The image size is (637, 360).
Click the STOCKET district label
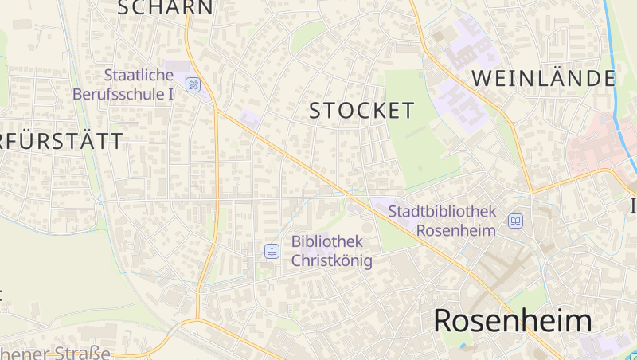point(362,111)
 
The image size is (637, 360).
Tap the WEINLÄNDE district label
point(544,78)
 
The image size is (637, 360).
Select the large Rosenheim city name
point(513,321)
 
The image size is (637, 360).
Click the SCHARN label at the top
point(166,8)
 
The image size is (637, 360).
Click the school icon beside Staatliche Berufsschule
point(193,84)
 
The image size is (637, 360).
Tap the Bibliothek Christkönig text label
point(331,250)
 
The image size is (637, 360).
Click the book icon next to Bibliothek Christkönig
point(272,252)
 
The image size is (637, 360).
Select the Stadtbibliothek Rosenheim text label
point(442,221)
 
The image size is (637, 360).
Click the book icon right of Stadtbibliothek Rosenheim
point(516,221)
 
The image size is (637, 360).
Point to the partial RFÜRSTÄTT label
point(62,142)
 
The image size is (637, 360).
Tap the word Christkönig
point(331,260)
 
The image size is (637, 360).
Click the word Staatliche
point(139,75)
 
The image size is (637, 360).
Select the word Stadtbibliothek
point(442,211)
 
